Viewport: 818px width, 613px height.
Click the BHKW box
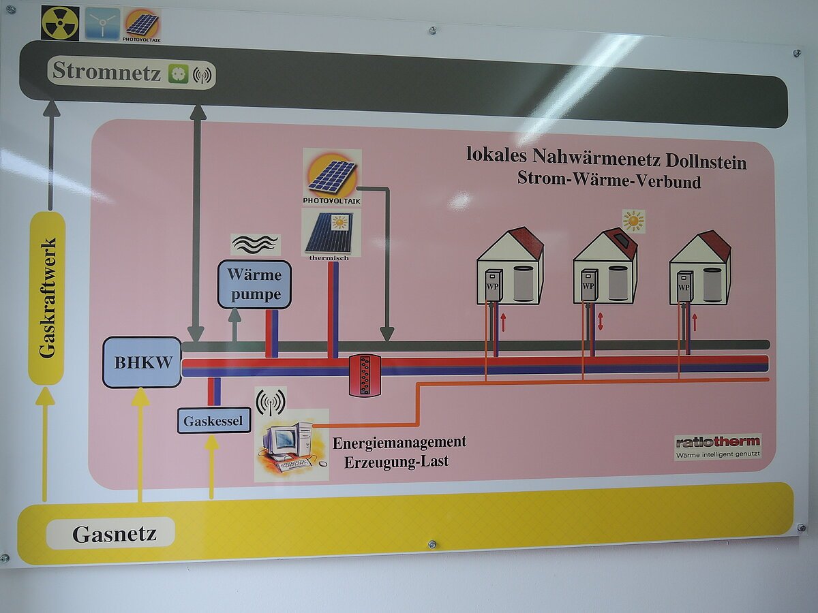tap(142, 362)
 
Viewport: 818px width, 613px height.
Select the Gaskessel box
tap(214, 420)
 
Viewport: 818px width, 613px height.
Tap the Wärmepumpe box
tap(254, 284)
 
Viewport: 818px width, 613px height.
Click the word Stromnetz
tap(106, 71)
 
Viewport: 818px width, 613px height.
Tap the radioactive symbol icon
tap(60, 23)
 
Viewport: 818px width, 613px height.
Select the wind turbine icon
tap(102, 23)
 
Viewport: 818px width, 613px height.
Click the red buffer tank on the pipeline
tap(365, 375)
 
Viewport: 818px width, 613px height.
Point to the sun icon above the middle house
tap(633, 221)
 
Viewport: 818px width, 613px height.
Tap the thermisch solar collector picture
tap(328, 234)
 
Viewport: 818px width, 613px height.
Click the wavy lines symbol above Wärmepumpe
tap(254, 244)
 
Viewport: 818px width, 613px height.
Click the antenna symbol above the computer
tap(271, 401)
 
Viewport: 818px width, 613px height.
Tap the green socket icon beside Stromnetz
tap(178, 73)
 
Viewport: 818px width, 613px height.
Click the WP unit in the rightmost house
tap(685, 287)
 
